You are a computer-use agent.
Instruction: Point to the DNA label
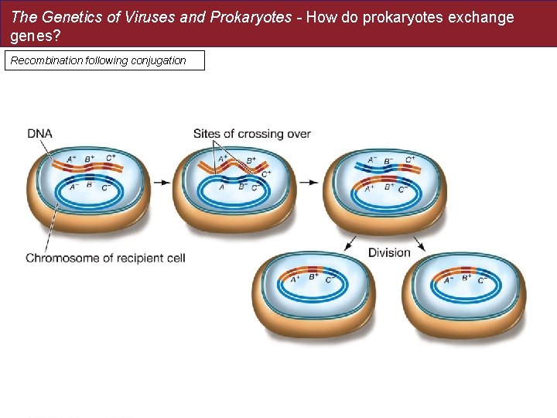(x=39, y=133)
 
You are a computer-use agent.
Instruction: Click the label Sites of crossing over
(x=251, y=133)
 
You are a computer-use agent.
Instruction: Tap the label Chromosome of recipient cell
(x=105, y=258)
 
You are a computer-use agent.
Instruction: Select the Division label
(x=389, y=252)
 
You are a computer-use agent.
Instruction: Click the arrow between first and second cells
(x=162, y=183)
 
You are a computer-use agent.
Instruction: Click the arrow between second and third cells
(x=308, y=183)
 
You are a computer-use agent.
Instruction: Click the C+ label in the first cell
(x=111, y=158)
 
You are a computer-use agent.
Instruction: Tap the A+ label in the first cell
(x=71, y=160)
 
